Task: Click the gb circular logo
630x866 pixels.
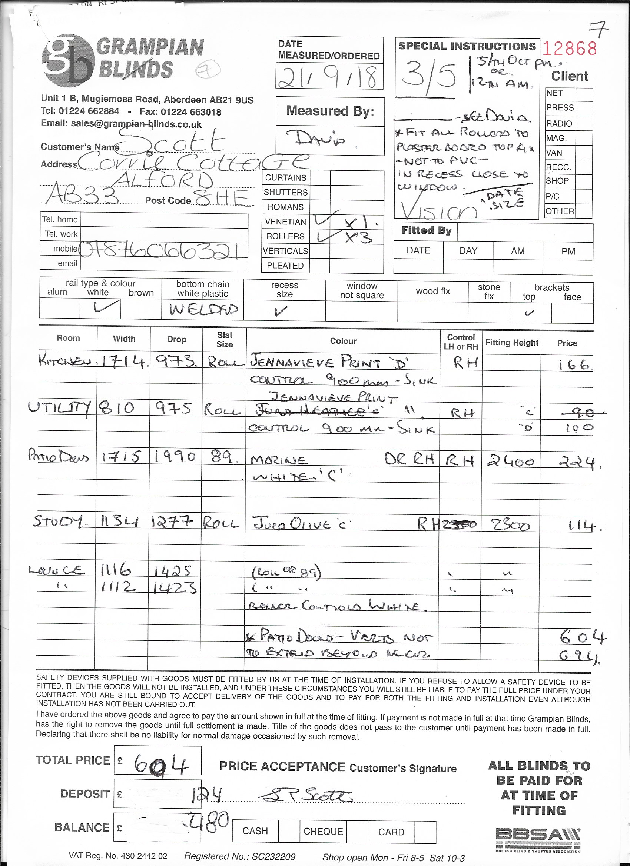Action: [x=68, y=60]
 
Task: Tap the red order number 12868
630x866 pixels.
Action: [x=570, y=49]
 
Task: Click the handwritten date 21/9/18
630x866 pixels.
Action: [x=329, y=76]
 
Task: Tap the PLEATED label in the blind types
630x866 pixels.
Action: [x=285, y=266]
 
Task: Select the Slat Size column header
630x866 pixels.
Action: [x=224, y=339]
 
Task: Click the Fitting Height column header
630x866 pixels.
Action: [x=511, y=343]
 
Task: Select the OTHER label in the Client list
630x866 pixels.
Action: [x=560, y=211]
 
